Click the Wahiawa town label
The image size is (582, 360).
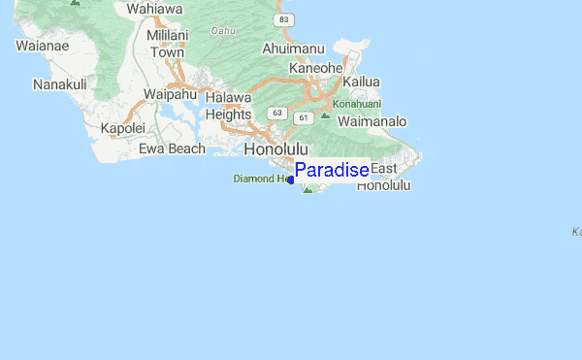click(x=154, y=9)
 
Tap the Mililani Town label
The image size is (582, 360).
click(x=166, y=44)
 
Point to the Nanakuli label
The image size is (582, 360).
click(x=59, y=85)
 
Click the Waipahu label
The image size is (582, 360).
click(x=171, y=94)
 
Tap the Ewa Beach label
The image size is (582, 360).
click(x=172, y=148)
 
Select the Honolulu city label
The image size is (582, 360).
click(x=276, y=149)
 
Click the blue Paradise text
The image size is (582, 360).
click(x=331, y=170)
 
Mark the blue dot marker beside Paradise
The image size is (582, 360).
click(x=290, y=180)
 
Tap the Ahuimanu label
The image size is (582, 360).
click(x=292, y=48)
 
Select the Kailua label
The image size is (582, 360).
click(x=360, y=82)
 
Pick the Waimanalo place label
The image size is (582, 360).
click(x=373, y=121)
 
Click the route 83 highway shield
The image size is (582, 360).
click(x=282, y=19)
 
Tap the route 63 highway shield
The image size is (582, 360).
click(x=278, y=113)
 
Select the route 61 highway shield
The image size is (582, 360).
click(x=304, y=118)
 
